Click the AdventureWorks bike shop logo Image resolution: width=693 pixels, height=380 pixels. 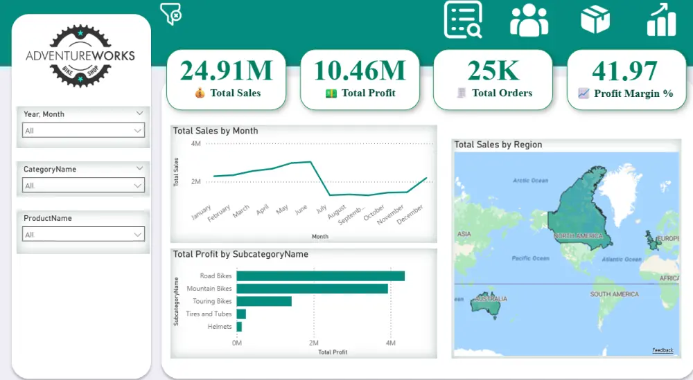point(80,55)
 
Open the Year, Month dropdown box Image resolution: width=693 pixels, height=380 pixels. point(83,130)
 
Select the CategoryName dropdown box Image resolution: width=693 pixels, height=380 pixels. point(83,185)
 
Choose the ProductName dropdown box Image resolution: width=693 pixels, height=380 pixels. point(83,235)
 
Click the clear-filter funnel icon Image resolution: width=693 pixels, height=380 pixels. point(170,14)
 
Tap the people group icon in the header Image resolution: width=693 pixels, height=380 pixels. point(529,20)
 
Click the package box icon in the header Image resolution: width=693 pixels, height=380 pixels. point(595,19)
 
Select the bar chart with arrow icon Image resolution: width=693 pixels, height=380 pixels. point(661,19)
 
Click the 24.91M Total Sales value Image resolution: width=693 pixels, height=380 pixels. point(227,71)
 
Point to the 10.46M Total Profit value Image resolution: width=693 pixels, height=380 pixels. point(360,71)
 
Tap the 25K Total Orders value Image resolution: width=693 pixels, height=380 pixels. point(493,71)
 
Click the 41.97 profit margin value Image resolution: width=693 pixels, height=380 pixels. point(624,71)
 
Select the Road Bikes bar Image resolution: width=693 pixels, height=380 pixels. point(320,276)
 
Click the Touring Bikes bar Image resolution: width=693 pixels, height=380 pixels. point(264,301)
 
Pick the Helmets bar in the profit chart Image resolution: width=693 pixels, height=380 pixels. point(239,327)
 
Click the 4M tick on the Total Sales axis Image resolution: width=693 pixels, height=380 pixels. point(195,144)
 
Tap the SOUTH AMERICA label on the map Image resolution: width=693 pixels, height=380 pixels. point(614,294)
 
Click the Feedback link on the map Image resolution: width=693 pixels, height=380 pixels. point(663,350)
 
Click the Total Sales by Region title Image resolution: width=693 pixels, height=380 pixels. point(498,145)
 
